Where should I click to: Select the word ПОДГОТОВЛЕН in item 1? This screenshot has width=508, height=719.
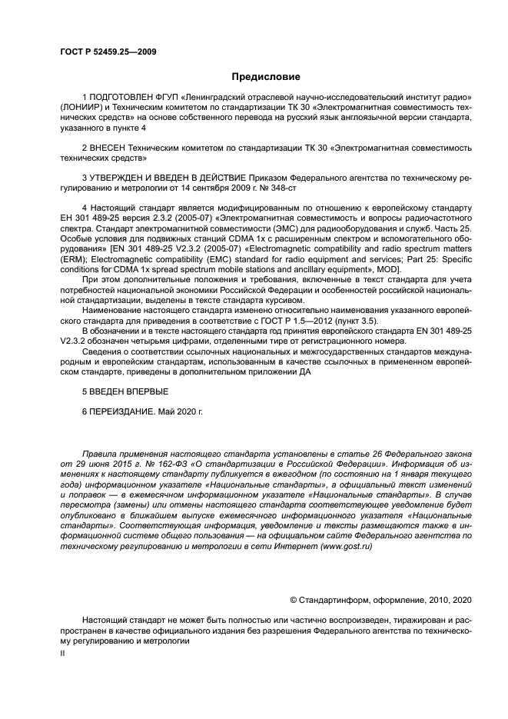pyautogui.click(x=125, y=98)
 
